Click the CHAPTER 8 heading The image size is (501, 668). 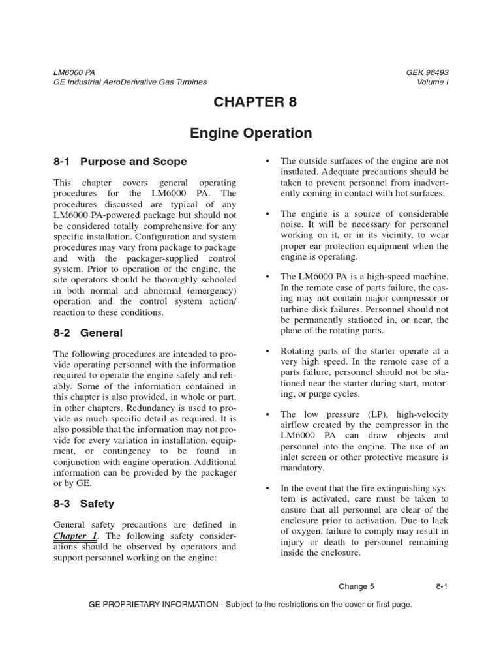250,102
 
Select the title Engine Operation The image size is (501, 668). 250,134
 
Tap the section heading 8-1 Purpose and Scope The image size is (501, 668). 120,162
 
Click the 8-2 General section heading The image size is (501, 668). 88,333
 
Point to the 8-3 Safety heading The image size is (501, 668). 83,504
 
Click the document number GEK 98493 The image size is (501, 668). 427,72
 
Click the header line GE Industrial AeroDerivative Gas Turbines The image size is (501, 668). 130,82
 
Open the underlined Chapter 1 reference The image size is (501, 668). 70,536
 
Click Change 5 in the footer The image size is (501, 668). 357,586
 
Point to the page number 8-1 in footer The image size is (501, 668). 442,586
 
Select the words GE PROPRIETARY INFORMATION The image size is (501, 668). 153,605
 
